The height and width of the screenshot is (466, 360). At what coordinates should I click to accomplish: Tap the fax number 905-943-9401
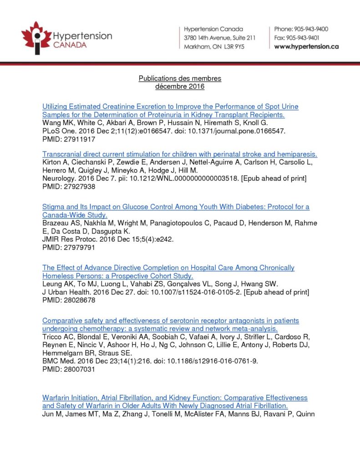304,38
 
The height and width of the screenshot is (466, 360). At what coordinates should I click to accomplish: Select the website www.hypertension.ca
306,46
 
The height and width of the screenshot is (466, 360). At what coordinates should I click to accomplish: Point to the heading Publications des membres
180,78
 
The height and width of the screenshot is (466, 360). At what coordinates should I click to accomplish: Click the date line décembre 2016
180,86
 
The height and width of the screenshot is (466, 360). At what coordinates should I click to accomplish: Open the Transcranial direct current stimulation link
180,154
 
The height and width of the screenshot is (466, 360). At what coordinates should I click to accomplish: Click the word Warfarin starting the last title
56,398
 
